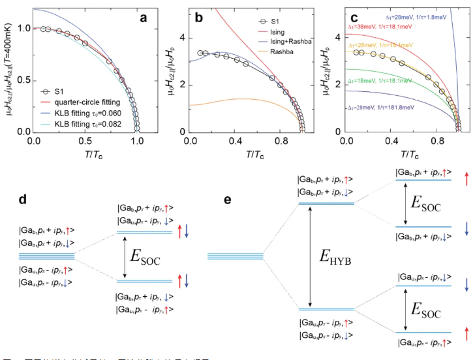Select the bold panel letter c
(x=337, y=18)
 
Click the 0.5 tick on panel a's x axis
(x=85, y=140)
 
